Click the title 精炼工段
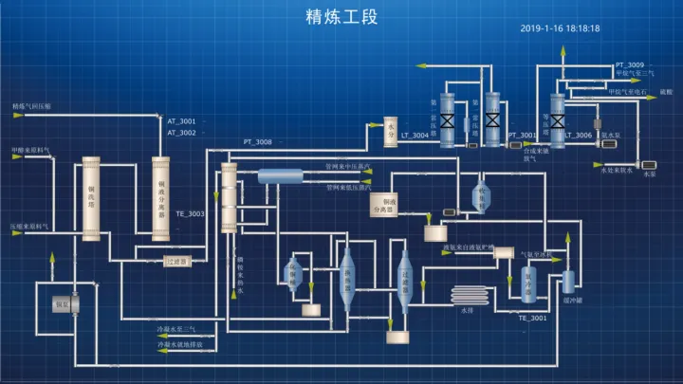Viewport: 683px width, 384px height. click(x=341, y=16)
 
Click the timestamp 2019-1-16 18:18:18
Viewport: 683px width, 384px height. click(x=560, y=28)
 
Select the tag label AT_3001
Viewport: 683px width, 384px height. click(x=181, y=121)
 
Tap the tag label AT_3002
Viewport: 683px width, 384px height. click(x=181, y=133)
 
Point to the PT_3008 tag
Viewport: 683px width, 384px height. click(x=257, y=142)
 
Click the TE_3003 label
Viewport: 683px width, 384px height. click(x=190, y=213)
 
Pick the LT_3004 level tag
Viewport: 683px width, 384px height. click(x=415, y=136)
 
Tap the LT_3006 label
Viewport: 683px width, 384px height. click(x=578, y=136)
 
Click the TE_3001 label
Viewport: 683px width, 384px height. click(x=532, y=318)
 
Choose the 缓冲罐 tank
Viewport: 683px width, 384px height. click(x=569, y=282)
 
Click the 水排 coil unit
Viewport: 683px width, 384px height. click(x=467, y=297)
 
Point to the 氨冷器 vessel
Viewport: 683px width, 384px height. click(x=528, y=283)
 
